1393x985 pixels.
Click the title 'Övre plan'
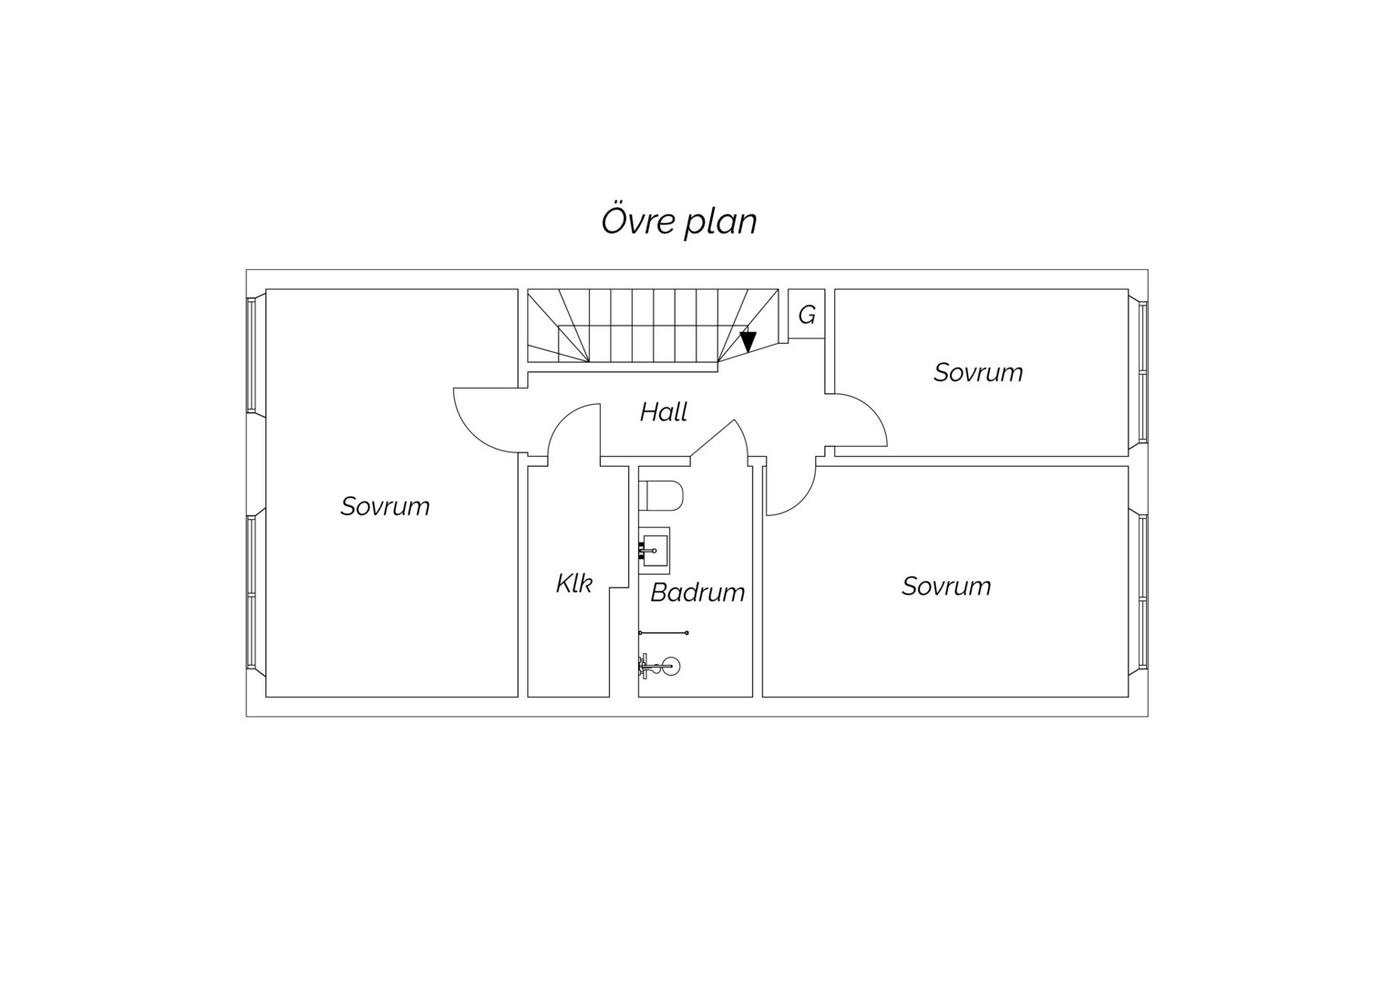tap(678, 222)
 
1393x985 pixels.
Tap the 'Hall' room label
tap(664, 412)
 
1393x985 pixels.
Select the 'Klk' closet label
tap(574, 584)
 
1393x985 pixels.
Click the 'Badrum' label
tap(697, 593)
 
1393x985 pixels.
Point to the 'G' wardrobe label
tap(807, 316)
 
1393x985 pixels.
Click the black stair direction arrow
tap(748, 342)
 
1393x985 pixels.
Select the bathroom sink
tap(655, 551)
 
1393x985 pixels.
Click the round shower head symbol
tap(672, 666)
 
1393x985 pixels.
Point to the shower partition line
tap(664, 633)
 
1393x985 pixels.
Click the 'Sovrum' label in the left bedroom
tap(385, 506)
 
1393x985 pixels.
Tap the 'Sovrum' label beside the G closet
tap(977, 372)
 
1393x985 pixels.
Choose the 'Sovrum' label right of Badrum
tap(946, 586)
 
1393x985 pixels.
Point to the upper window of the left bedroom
tap(252, 356)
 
